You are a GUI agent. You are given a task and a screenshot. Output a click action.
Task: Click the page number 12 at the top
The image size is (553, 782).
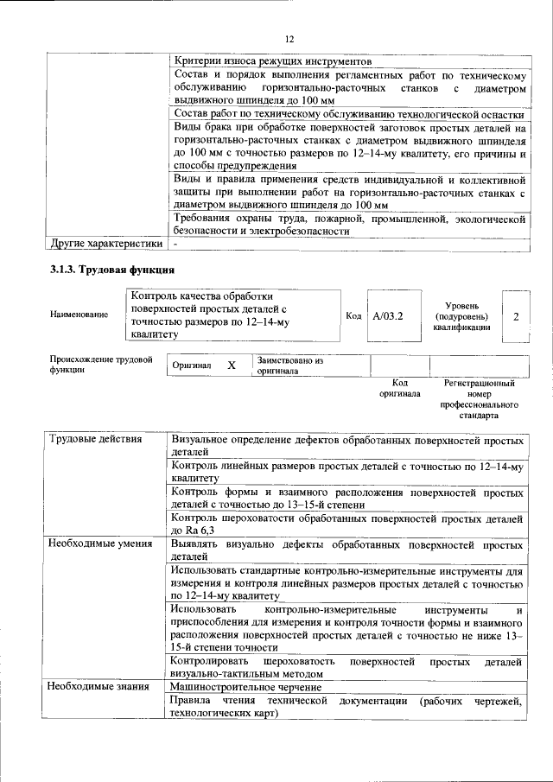pyautogui.click(x=289, y=39)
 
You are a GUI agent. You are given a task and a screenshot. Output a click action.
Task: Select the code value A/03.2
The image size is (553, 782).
pyautogui.click(x=387, y=316)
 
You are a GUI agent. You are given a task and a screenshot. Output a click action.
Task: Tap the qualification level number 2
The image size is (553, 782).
pyautogui.click(x=516, y=316)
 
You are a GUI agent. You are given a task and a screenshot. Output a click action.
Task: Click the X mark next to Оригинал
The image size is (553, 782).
pyautogui.click(x=232, y=366)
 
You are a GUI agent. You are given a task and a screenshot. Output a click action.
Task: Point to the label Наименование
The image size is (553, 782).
pyautogui.click(x=79, y=315)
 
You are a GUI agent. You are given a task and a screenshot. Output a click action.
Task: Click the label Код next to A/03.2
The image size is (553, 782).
pyautogui.click(x=353, y=316)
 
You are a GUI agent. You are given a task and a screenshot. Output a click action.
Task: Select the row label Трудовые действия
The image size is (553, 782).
pyautogui.click(x=94, y=439)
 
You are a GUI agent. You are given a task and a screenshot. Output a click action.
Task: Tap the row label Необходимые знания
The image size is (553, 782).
pyautogui.click(x=99, y=686)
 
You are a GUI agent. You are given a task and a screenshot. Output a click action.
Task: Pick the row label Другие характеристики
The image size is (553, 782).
pyautogui.click(x=105, y=245)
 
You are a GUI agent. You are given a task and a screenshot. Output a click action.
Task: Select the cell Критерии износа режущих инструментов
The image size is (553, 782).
pyautogui.click(x=272, y=62)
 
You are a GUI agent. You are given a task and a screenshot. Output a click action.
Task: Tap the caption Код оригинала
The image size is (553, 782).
pyautogui.click(x=399, y=387)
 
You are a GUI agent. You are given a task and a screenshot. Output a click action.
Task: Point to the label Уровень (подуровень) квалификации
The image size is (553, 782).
pyautogui.click(x=469, y=316)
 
